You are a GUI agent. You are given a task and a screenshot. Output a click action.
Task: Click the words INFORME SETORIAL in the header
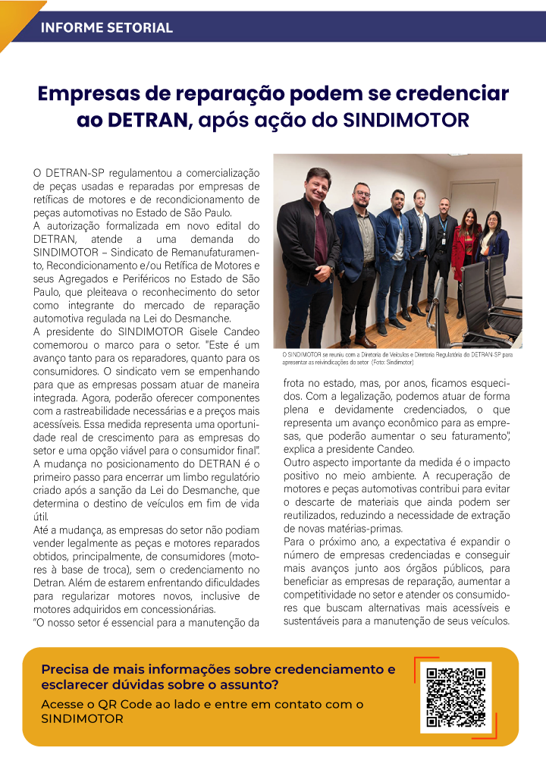tap(106, 28)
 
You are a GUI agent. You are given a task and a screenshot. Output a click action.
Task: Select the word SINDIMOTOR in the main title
tap(406, 120)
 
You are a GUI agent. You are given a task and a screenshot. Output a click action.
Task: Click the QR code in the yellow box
tap(456, 697)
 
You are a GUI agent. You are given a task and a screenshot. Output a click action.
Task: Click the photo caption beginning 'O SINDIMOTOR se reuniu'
tap(397, 357)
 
